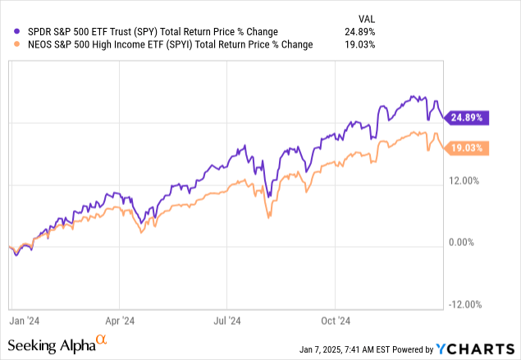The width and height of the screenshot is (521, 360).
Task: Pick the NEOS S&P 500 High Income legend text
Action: coord(164,44)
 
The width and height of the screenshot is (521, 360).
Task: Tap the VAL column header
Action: coord(366,18)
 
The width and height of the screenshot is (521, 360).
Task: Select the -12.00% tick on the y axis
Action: coord(465,305)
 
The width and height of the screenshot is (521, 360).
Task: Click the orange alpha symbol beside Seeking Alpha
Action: coord(101,339)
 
